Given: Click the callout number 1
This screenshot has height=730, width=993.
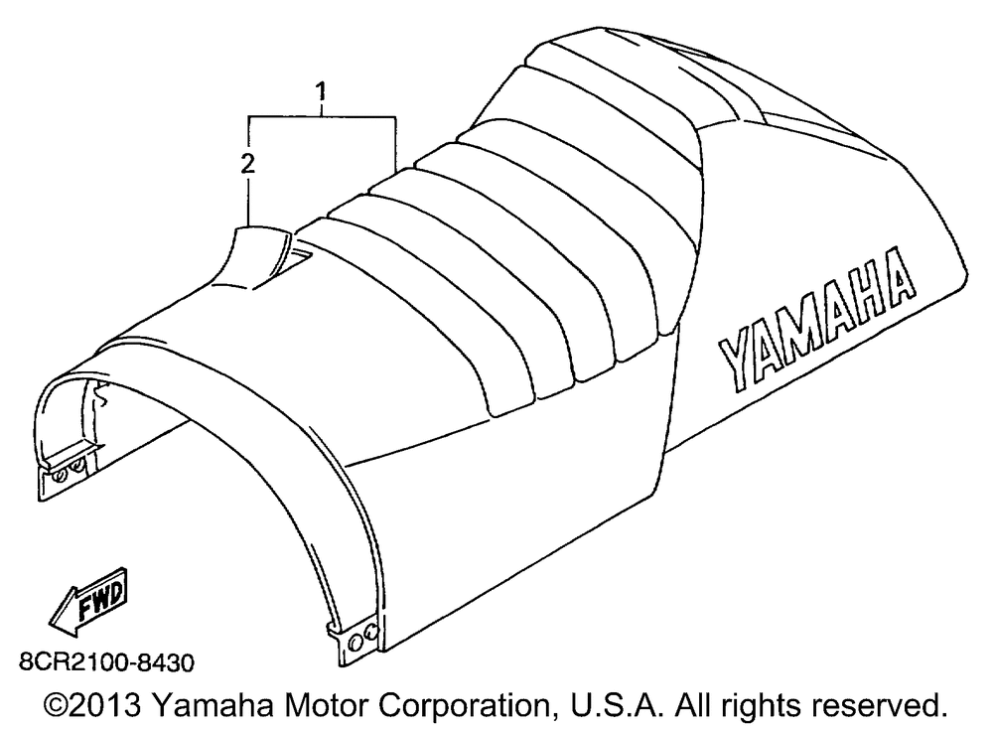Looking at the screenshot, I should coord(320,92).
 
